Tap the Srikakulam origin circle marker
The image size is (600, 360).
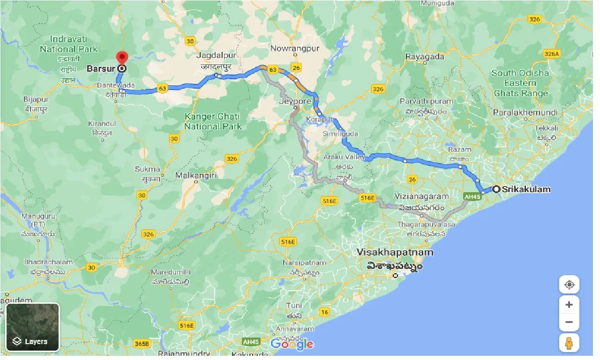click(496, 189)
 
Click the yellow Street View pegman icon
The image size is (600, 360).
click(569, 344)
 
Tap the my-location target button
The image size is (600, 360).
click(569, 285)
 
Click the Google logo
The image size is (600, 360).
click(292, 345)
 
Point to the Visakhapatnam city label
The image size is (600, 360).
click(395, 252)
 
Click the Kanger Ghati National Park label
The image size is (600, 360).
click(212, 121)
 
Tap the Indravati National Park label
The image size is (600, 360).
click(68, 44)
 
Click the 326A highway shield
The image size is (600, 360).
click(552, 54)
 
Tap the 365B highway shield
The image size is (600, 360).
click(140, 344)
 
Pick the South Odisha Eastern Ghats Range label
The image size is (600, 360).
click(520, 83)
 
